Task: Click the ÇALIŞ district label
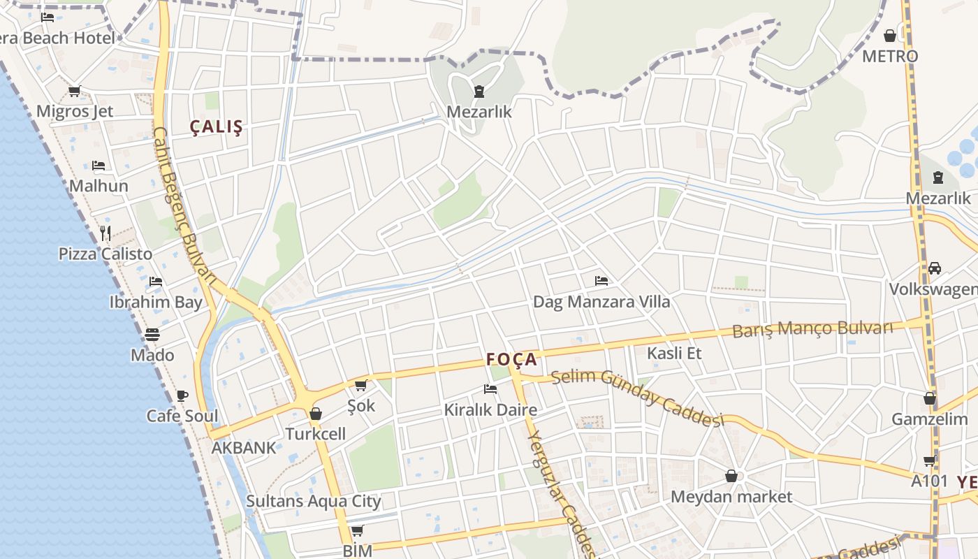coord(217,127)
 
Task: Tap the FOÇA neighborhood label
coord(512,360)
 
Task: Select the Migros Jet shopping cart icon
coord(74,91)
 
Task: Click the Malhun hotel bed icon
coord(98,166)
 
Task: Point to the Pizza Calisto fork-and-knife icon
coord(105,233)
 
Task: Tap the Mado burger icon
coord(152,335)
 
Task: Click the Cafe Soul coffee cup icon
coord(182,395)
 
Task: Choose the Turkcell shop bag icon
coord(316,414)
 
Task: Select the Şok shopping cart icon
coord(361,385)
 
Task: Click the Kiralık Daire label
coord(490,410)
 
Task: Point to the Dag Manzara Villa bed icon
coord(601,281)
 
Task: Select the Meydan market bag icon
coord(731,476)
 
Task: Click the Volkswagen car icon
coord(935,268)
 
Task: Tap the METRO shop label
coord(889,56)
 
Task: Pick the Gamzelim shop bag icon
coord(930,398)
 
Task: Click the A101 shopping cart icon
coord(930,460)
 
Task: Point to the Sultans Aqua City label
coord(313,501)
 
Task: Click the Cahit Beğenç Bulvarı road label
coord(184,204)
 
